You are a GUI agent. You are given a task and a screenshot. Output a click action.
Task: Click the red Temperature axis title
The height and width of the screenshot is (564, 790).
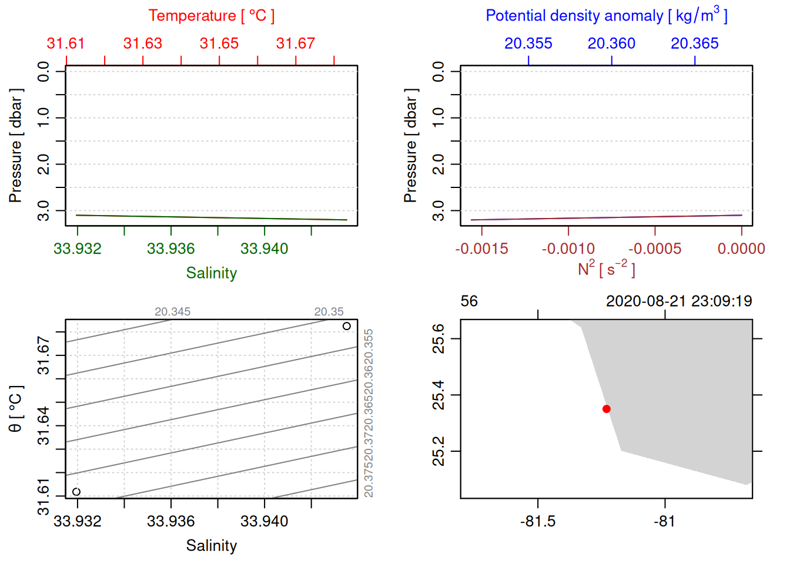211,16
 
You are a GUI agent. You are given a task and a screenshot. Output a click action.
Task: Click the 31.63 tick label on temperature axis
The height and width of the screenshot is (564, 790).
142,43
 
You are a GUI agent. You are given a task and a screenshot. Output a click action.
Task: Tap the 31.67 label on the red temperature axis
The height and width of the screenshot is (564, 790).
295,43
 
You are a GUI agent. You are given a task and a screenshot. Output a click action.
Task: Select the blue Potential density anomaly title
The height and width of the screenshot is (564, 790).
606,16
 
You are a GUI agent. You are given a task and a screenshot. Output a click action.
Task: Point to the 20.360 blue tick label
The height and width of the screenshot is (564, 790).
611,43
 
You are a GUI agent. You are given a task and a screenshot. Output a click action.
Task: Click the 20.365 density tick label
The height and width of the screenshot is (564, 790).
694,43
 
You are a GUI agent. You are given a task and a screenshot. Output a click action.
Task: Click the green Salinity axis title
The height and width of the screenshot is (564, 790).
211,273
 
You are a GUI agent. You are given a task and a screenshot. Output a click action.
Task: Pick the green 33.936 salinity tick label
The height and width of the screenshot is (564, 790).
170,249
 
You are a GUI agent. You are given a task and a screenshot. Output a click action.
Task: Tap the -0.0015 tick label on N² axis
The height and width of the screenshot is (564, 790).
481,249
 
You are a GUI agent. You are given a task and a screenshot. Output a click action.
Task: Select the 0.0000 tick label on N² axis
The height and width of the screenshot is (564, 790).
741,249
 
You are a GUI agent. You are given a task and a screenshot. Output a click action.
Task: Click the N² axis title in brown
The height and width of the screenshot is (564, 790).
606,269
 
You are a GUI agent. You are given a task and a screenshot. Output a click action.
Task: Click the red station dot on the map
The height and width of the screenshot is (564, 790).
606,409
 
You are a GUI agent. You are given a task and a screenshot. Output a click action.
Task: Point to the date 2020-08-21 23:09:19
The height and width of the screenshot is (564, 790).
678,301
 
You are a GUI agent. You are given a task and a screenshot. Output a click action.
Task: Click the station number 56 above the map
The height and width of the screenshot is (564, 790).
469,301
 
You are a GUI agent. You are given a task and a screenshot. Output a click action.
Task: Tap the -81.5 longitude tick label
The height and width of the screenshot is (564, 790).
538,522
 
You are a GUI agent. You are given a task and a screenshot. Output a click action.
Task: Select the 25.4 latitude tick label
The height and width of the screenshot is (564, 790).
438,395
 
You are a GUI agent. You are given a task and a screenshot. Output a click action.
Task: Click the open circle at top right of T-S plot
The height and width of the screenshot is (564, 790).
347,326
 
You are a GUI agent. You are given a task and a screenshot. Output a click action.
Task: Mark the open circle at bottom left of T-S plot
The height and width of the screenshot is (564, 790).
76,492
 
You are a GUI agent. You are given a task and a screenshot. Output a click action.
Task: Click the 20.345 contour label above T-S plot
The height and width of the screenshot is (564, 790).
172,312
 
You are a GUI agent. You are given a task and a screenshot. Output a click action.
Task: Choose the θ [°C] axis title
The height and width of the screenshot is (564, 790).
16,409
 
